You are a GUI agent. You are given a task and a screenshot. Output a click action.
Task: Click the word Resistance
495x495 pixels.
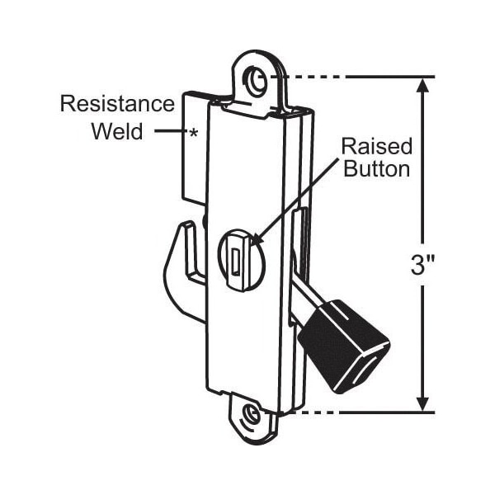(117, 104)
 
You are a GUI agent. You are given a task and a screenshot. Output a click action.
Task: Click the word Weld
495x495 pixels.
(117, 131)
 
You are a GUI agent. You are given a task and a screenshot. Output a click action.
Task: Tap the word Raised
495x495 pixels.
(377, 147)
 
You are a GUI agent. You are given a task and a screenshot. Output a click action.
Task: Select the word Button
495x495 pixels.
(377, 169)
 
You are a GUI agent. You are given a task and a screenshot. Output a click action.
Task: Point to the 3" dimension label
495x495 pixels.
(422, 266)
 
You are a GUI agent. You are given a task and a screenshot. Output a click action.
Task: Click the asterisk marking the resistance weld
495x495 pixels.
(193, 134)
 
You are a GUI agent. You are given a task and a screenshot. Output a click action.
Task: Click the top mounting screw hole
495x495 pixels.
(257, 82)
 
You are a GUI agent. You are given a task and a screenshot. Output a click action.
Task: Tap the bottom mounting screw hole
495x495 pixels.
(251, 416)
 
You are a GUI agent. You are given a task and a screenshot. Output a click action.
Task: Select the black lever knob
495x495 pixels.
(344, 346)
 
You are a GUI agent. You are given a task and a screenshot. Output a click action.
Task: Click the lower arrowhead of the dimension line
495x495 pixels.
(422, 404)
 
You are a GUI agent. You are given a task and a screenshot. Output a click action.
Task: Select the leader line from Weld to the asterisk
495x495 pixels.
(170, 130)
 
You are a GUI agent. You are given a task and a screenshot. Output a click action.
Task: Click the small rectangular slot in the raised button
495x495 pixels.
(236, 261)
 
